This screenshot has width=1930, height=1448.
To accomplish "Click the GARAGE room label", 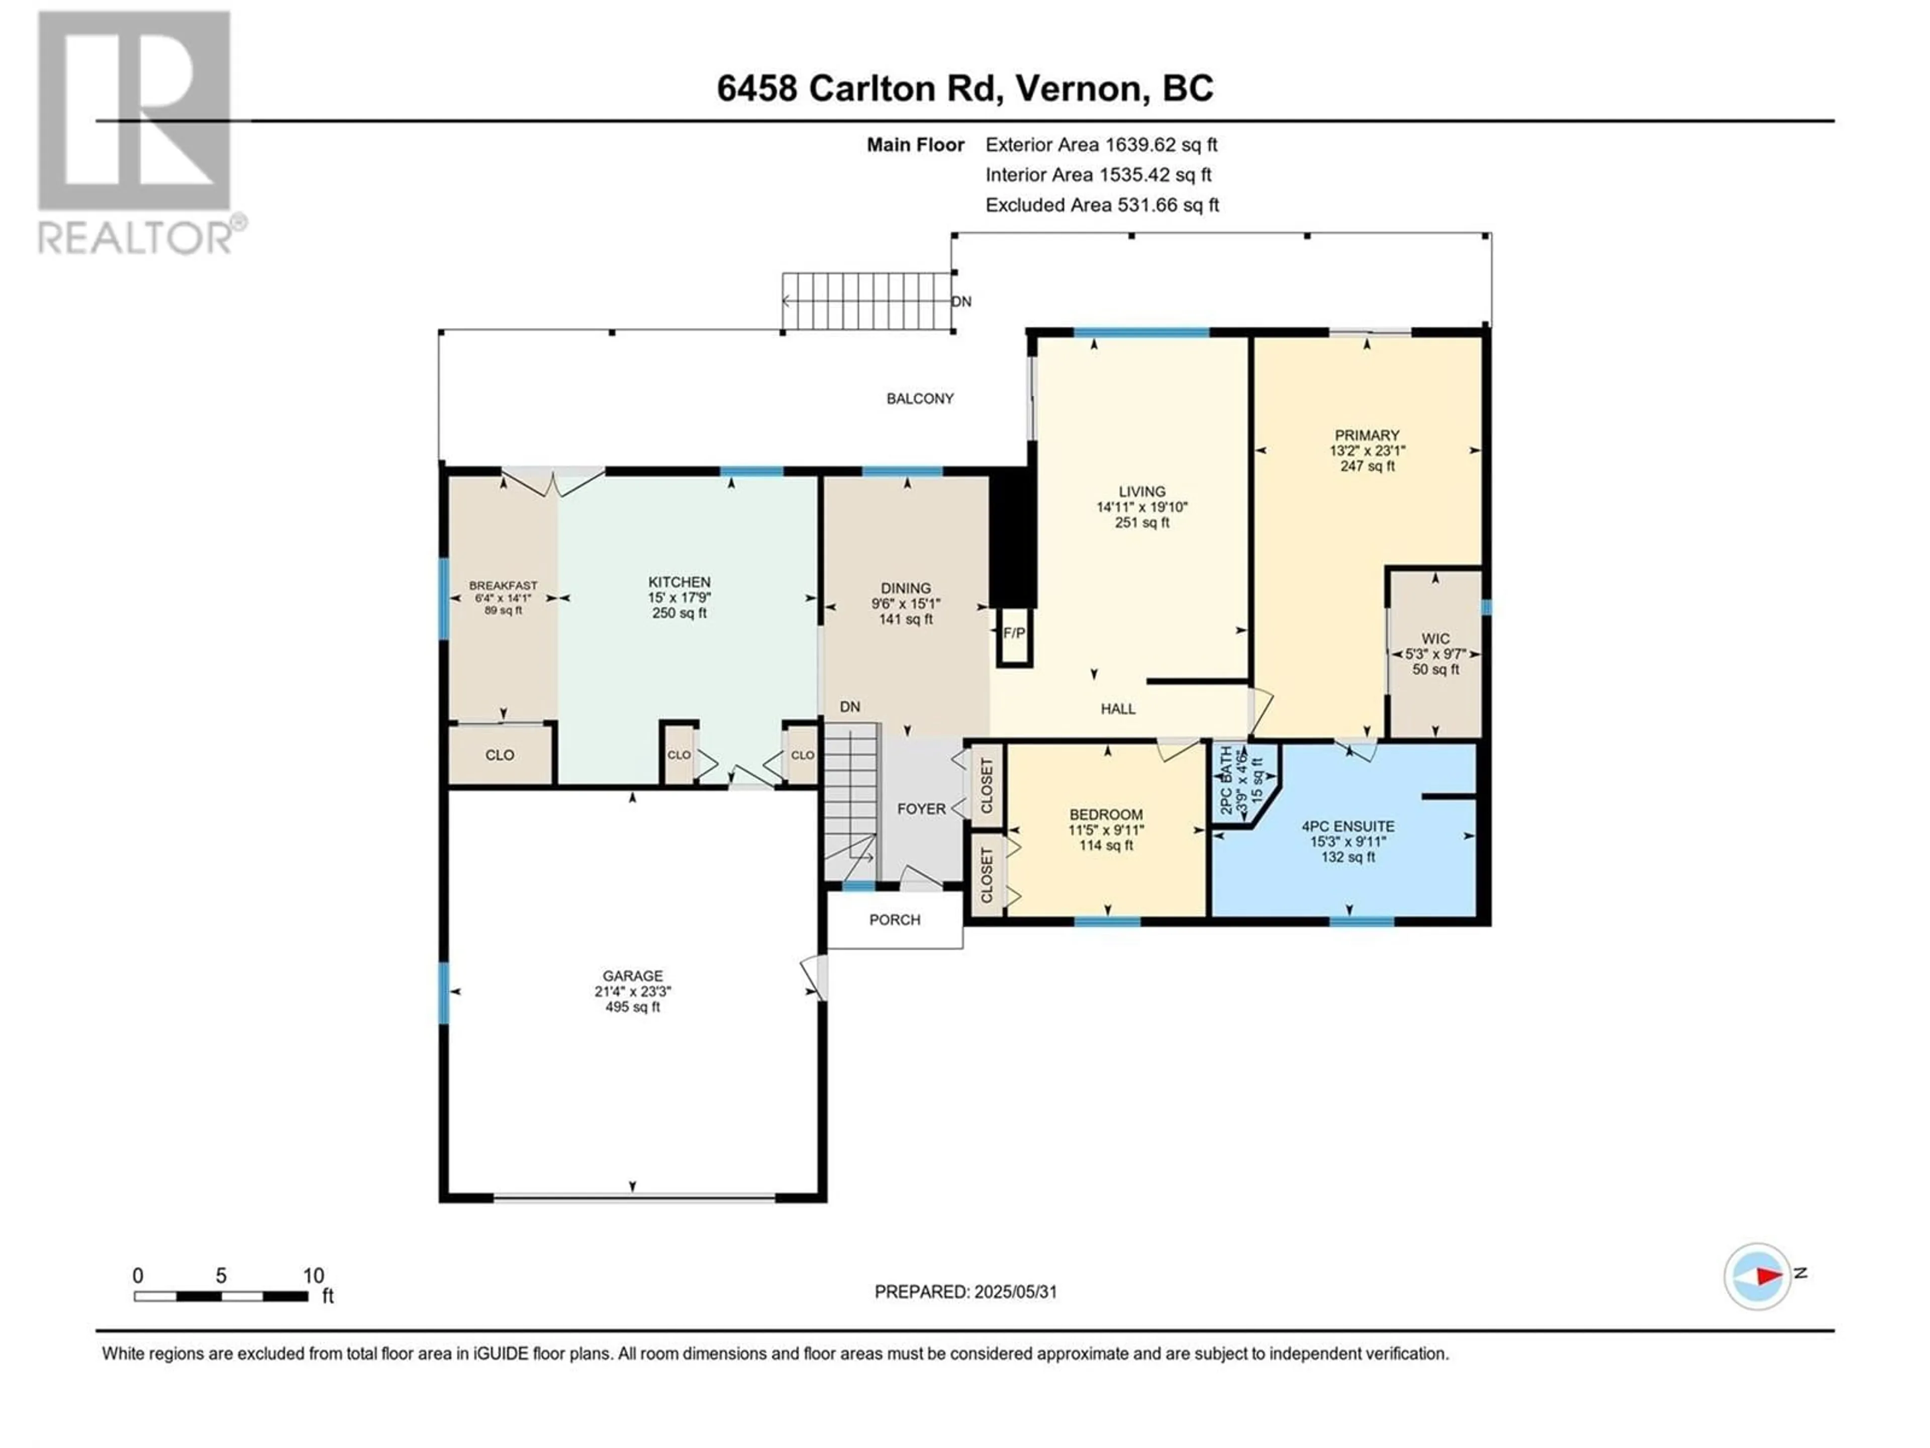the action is (633, 976).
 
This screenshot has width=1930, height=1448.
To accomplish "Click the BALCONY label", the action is (920, 399).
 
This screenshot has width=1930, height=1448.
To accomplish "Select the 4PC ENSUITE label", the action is (1348, 826).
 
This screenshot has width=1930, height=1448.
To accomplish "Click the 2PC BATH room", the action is (1243, 782).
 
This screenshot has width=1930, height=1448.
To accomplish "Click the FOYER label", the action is (921, 809).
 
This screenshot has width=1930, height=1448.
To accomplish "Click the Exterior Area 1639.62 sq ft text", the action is (1101, 145).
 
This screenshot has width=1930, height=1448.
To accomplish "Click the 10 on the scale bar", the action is (313, 1276).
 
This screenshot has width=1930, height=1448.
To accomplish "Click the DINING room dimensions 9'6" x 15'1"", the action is (906, 604).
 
